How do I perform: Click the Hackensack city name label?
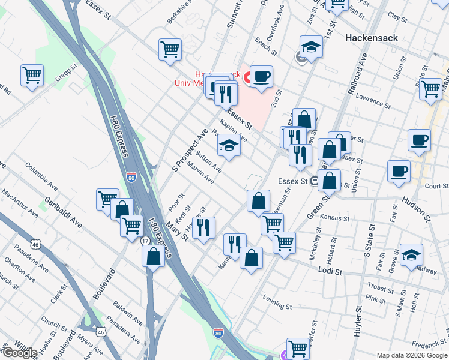(x=372, y=37)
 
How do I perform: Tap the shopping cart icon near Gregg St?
(x=32, y=76)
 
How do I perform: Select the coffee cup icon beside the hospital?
(x=261, y=77)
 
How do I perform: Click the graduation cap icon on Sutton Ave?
(x=228, y=146)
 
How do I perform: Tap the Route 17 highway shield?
(x=145, y=241)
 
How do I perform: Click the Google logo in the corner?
(x=19, y=353)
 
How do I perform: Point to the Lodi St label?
(x=330, y=272)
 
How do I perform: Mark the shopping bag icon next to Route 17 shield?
(x=154, y=256)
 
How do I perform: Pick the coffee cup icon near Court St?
(x=399, y=172)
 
